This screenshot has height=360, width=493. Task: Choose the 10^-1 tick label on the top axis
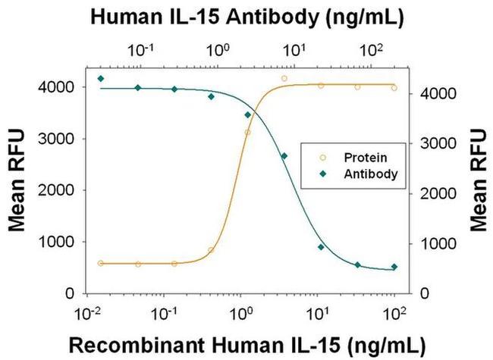tap(142, 50)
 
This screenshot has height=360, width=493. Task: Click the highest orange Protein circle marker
tap(284, 78)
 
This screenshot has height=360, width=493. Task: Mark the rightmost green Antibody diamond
tap(394, 267)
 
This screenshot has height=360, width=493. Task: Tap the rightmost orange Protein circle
tap(394, 88)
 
